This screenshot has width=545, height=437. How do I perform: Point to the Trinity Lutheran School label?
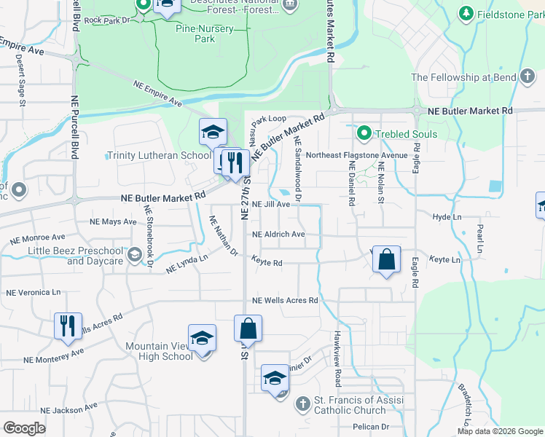tap(159, 155)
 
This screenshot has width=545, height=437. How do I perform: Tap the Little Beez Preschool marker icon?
tap(134, 255)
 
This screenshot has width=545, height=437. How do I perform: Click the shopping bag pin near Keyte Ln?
tap(386, 259)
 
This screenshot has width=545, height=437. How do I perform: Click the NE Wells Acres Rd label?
tap(285, 300)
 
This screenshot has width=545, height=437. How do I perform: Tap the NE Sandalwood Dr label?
tap(298, 169)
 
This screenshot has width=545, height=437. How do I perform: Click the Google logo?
tap(24, 428)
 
